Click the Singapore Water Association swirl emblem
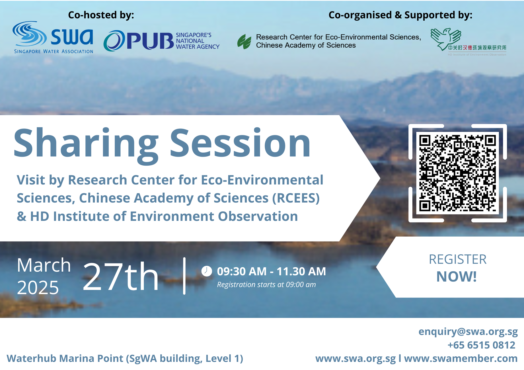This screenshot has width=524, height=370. pyautogui.click(x=29, y=34)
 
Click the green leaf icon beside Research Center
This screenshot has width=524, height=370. pyautogui.click(x=244, y=42)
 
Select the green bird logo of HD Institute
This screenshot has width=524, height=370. pyautogui.click(x=446, y=39)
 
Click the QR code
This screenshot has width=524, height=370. pyautogui.click(x=457, y=173)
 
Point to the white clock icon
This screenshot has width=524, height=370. pyautogui.click(x=206, y=271)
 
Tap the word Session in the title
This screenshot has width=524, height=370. pyautogui.click(x=240, y=143)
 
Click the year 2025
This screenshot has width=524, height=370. pyautogui.click(x=38, y=288)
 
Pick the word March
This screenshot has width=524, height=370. pyautogui.click(x=44, y=265)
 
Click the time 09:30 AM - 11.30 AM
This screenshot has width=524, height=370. pyautogui.click(x=271, y=271)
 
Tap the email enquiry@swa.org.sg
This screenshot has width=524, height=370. pyautogui.click(x=468, y=332)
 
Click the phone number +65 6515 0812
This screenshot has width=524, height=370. pyautogui.click(x=481, y=345)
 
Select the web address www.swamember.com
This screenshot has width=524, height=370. pyautogui.click(x=461, y=358)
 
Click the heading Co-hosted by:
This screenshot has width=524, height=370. pyautogui.click(x=101, y=15)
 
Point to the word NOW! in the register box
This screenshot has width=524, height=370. pyautogui.click(x=456, y=277)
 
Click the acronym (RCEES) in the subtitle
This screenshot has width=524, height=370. pyautogui.click(x=296, y=198)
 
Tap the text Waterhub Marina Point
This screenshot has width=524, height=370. pyautogui.click(x=65, y=358)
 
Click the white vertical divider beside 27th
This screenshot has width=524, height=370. pyautogui.click(x=184, y=276)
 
